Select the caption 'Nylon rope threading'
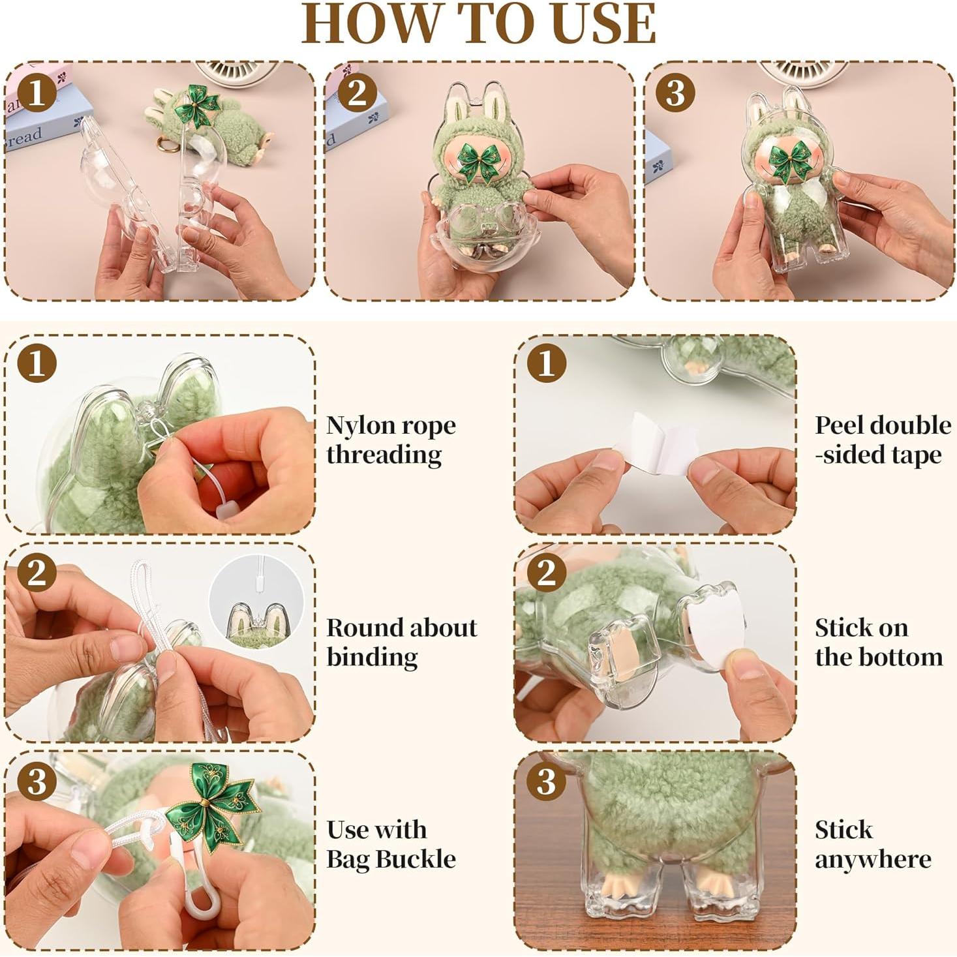(x=391, y=440)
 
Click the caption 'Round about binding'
(x=401, y=642)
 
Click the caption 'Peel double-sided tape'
(x=882, y=440)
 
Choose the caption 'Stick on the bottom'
(x=878, y=642)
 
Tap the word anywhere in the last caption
(x=873, y=859)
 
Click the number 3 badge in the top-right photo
(x=675, y=92)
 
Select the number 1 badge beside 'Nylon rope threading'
(x=37, y=363)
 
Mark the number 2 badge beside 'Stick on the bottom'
(x=546, y=572)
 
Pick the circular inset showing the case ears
(x=256, y=600)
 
